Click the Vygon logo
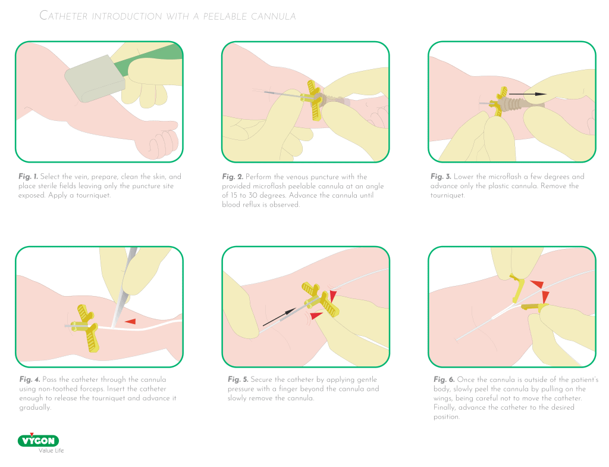click(39, 440)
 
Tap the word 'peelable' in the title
click(225, 16)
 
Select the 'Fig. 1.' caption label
click(28, 176)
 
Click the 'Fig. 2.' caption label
click(233, 177)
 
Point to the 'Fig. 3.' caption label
click(441, 176)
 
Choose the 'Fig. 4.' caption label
click(30, 379)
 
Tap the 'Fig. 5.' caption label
click(238, 379)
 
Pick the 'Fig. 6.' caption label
click(444, 379)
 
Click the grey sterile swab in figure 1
click(95, 78)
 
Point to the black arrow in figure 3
click(528, 94)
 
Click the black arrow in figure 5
click(280, 317)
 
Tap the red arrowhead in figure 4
click(130, 322)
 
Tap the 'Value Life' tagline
click(51, 451)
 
